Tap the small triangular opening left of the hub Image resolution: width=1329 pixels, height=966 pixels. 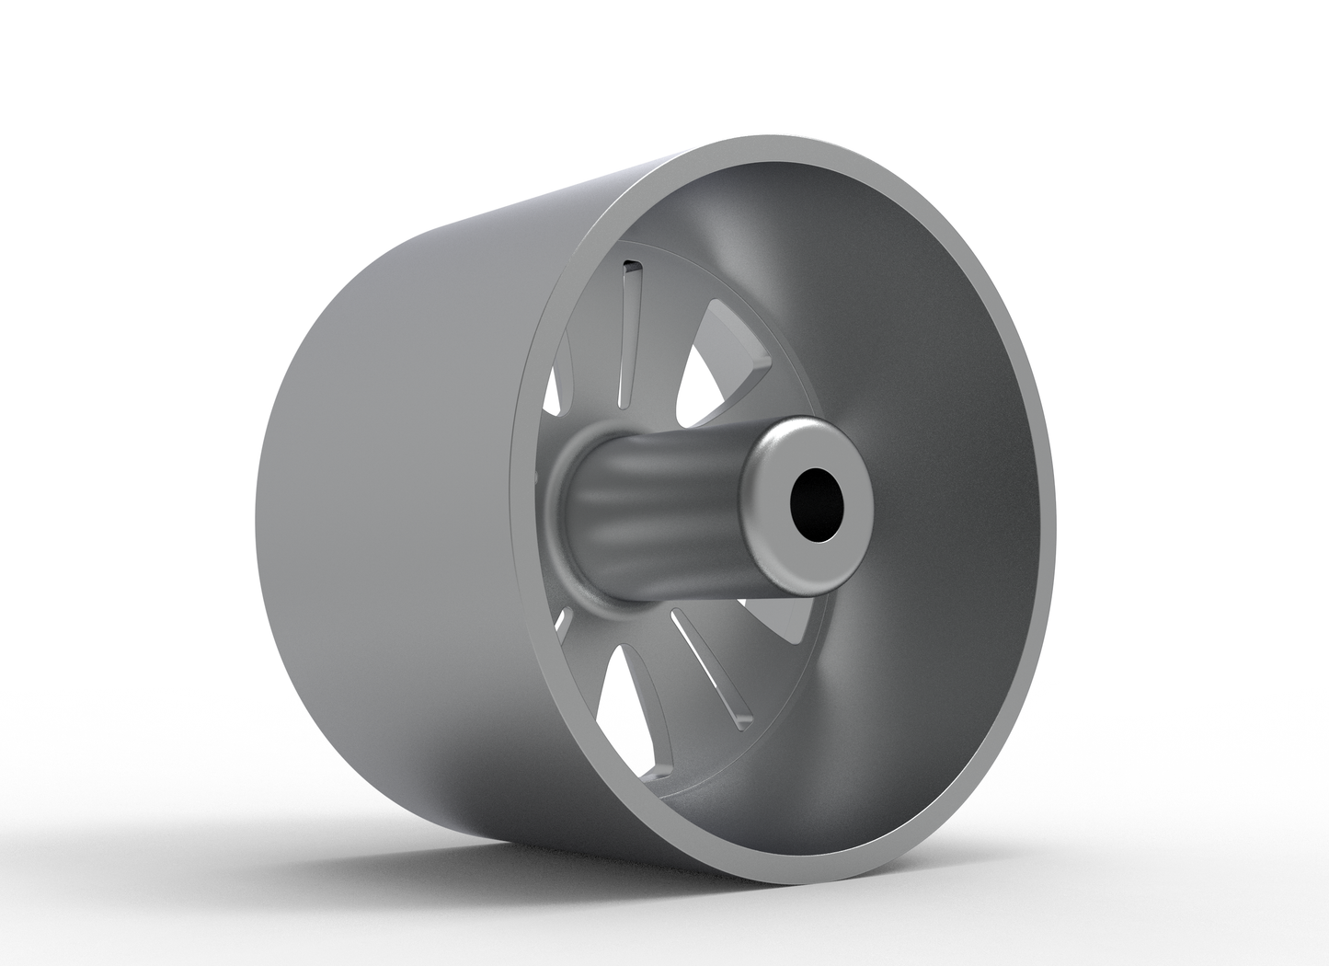coord(554,391)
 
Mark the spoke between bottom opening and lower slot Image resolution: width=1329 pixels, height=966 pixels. coord(658,685)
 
